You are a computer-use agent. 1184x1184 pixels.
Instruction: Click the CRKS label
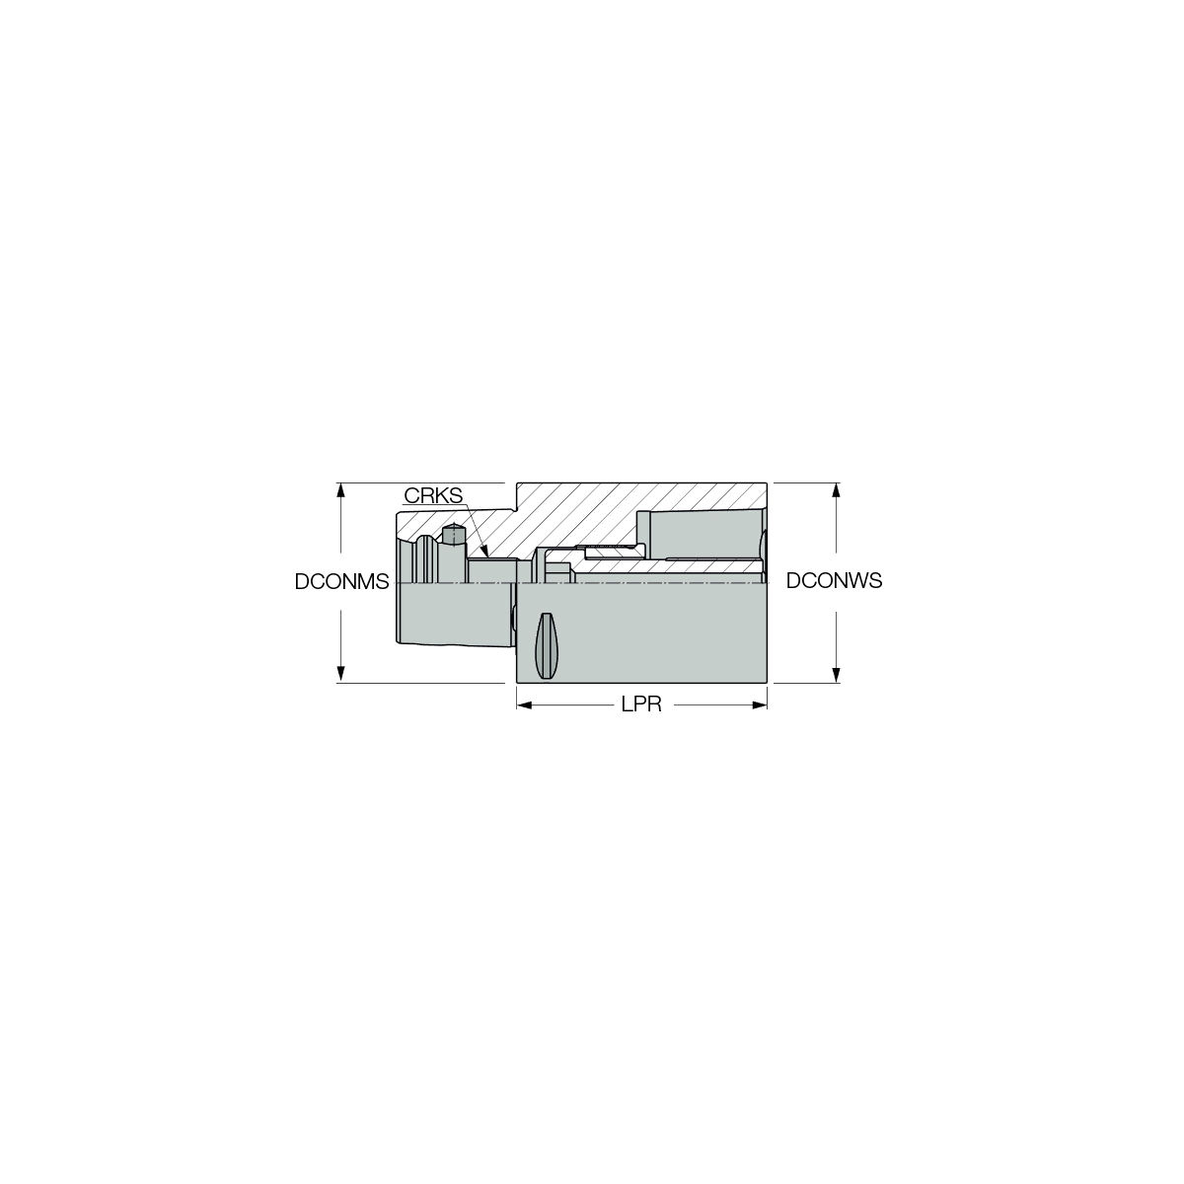pos(432,495)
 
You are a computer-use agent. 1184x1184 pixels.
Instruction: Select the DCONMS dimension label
pos(341,581)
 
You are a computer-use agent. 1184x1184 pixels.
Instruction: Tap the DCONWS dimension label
pos(834,580)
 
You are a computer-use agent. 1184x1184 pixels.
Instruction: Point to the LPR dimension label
pos(641,704)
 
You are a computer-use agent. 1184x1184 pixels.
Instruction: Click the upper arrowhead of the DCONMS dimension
pos(339,489)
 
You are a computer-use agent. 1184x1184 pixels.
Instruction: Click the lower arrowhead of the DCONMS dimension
pos(339,675)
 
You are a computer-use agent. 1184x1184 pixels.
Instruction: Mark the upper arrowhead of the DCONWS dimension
pos(835,489)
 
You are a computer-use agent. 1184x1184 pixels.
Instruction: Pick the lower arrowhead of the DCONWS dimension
pos(835,675)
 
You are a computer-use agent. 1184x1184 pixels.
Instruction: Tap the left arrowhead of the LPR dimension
pos(524,704)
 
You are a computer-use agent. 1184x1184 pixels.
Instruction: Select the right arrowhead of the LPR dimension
pos(760,704)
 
